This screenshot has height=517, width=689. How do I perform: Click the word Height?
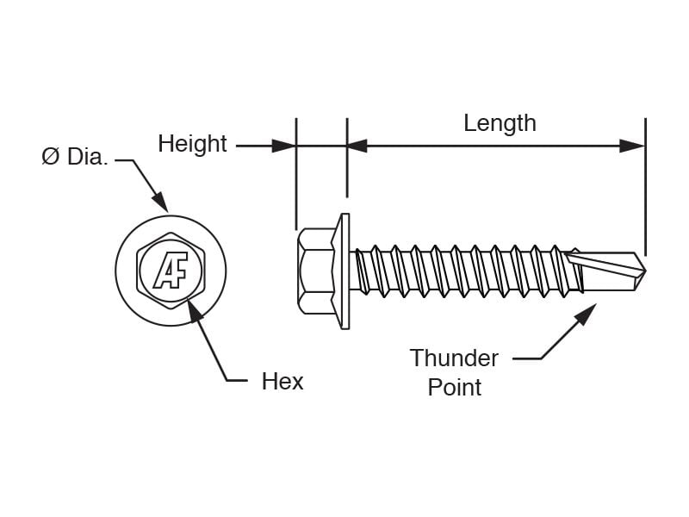pyautogui.click(x=192, y=145)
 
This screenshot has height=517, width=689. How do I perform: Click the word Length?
pyautogui.click(x=500, y=123)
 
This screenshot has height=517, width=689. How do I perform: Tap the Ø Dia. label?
pyautogui.click(x=75, y=157)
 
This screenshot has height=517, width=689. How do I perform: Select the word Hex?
pyautogui.click(x=282, y=381)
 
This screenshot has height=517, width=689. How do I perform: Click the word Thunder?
pyautogui.click(x=454, y=358)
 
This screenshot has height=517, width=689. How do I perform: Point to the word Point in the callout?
pyautogui.click(x=455, y=387)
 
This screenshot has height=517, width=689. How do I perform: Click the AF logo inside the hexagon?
pyautogui.click(x=171, y=271)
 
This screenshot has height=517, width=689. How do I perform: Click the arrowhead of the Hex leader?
pyautogui.click(x=195, y=308)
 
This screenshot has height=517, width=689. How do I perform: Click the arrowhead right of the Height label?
pyautogui.click(x=283, y=146)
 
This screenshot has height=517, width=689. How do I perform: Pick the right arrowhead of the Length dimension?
pyautogui.click(x=632, y=146)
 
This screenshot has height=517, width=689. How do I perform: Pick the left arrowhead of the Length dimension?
pyautogui.click(x=357, y=146)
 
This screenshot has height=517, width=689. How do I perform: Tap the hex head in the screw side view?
pyautogui.click(x=315, y=271)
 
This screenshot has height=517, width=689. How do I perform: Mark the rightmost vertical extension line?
pyautogui.click(x=645, y=187)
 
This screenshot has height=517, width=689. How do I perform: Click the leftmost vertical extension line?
pyautogui.click(x=296, y=174)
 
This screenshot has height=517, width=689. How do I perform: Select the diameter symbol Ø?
pyautogui.click(x=50, y=157)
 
